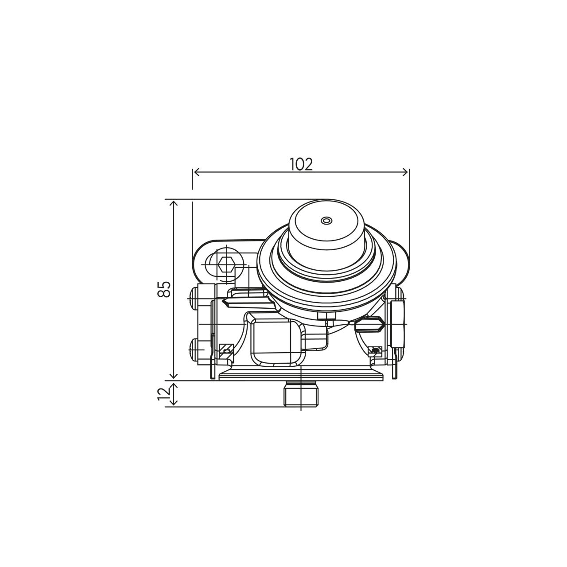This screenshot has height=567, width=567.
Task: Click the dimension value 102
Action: (x=301, y=164)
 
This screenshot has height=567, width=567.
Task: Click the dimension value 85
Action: (x=164, y=289)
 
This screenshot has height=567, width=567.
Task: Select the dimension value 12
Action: (x=164, y=393)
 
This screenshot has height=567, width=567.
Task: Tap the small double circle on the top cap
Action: (x=326, y=220)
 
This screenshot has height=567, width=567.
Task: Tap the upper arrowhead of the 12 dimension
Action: (x=174, y=385)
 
